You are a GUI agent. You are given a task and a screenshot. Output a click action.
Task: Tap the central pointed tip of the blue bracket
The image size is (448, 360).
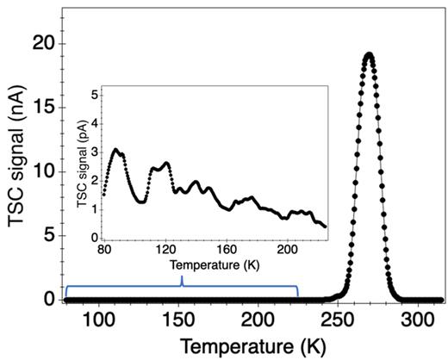(181, 277)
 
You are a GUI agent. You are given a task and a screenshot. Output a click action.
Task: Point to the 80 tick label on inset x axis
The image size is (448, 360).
(103, 251)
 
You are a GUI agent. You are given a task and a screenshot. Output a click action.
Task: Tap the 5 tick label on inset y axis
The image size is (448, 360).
(96, 90)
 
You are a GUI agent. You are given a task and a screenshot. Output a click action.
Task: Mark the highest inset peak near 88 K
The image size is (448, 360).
(115, 150)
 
